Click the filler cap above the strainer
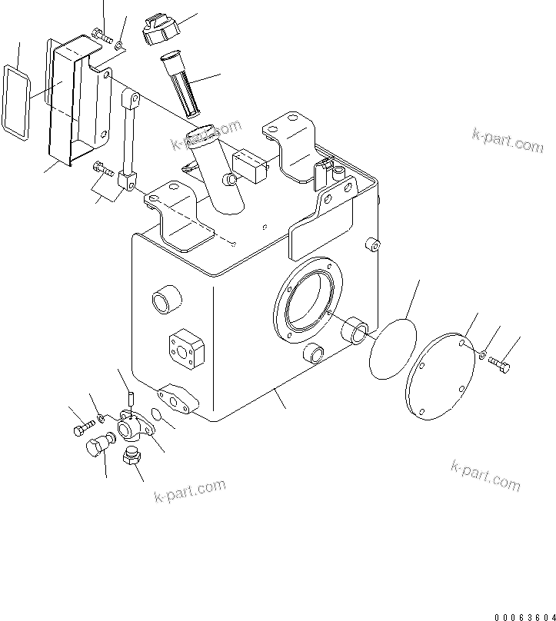pyautogui.click(x=159, y=29)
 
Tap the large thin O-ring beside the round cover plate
pyautogui.click(x=392, y=350)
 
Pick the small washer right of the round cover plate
pyautogui.click(x=481, y=354)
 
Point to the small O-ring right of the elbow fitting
pyautogui.click(x=156, y=415)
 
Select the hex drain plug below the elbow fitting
pyautogui.click(x=132, y=459)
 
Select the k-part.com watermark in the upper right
pyautogui.click(x=507, y=141)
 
